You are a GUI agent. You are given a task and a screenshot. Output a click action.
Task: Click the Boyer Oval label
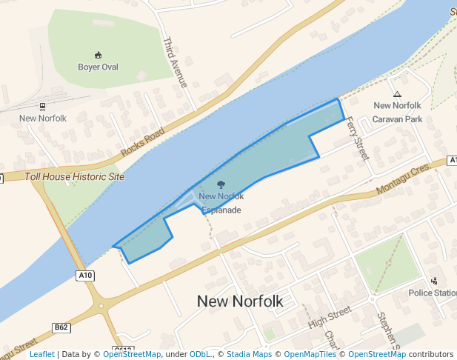(98, 67)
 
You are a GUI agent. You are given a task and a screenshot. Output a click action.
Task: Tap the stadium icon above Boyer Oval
(98, 55)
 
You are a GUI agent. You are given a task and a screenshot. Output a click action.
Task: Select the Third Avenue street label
(179, 62)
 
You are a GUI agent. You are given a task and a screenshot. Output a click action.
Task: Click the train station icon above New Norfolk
(42, 107)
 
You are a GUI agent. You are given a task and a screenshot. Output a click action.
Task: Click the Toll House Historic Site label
(74, 177)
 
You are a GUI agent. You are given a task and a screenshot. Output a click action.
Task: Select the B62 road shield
(61, 327)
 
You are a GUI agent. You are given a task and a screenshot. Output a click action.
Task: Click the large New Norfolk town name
(240, 301)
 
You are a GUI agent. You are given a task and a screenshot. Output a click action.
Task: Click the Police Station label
(433, 293)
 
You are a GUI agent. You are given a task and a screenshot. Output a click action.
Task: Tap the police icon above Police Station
(434, 281)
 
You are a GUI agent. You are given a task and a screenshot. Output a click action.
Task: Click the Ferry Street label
(358, 138)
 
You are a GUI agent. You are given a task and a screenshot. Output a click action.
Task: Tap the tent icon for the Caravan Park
(398, 94)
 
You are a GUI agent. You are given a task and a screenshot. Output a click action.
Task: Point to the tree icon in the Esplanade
(221, 184)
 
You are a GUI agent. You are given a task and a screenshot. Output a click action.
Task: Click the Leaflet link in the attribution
(42, 354)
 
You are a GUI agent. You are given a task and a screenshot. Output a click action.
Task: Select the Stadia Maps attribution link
(249, 354)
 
